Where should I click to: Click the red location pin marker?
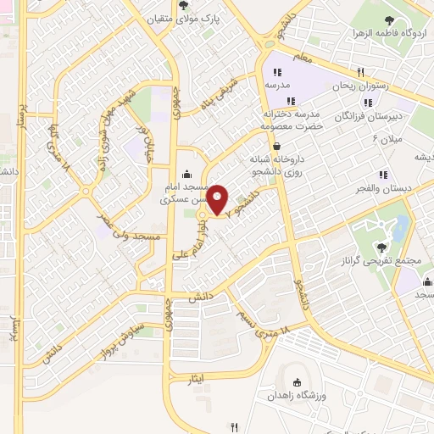pyautogui.click(x=218, y=199)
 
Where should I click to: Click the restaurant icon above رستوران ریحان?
pyautogui.click(x=361, y=72)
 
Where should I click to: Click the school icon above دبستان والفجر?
pyautogui.click(x=383, y=175)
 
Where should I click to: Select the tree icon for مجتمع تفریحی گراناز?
pyautogui.click(x=382, y=247)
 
